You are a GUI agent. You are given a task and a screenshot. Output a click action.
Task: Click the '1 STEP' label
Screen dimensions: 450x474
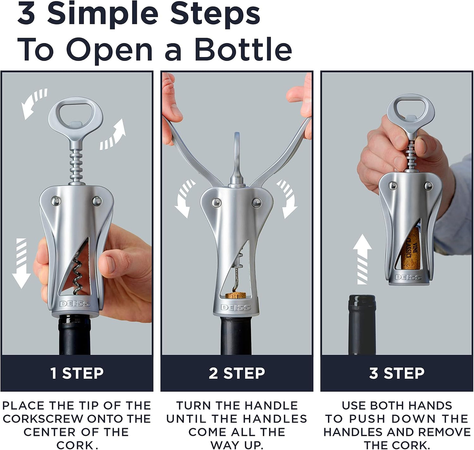77,373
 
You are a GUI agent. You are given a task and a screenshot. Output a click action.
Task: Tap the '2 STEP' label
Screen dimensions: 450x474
237,373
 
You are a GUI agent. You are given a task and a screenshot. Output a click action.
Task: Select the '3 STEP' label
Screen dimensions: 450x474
397,373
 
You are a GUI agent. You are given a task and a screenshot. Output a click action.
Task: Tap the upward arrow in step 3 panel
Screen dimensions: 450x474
362,259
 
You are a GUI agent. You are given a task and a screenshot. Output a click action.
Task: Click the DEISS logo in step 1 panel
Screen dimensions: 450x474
75,304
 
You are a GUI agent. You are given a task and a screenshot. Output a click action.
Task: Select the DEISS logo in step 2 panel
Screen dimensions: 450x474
236,307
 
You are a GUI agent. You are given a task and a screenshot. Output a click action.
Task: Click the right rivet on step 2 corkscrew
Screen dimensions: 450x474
256,203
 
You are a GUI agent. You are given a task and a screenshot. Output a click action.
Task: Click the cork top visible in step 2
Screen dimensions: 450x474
236,295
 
